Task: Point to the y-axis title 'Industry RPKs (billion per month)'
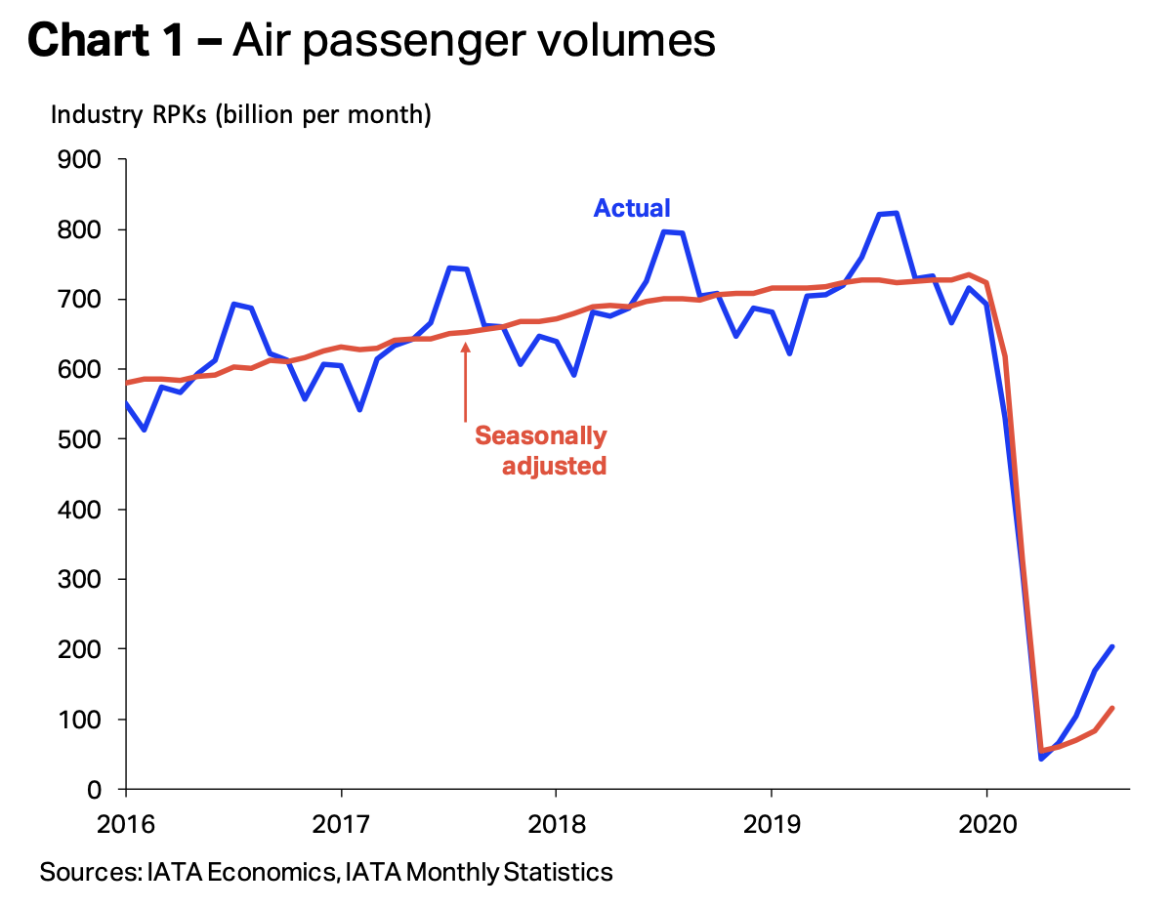(240, 115)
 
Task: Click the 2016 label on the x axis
(126, 822)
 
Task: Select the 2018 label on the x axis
(556, 822)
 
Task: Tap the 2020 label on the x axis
(986, 822)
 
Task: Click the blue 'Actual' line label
(632, 208)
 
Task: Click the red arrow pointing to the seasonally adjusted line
(465, 381)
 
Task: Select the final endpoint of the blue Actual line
(1112, 646)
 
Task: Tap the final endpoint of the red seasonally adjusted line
(1112, 709)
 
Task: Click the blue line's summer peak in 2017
(449, 268)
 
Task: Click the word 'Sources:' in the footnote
(85, 872)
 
